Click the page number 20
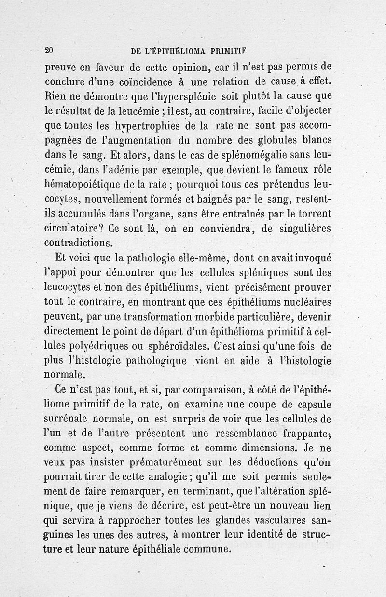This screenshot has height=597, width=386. [x=48, y=50]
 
